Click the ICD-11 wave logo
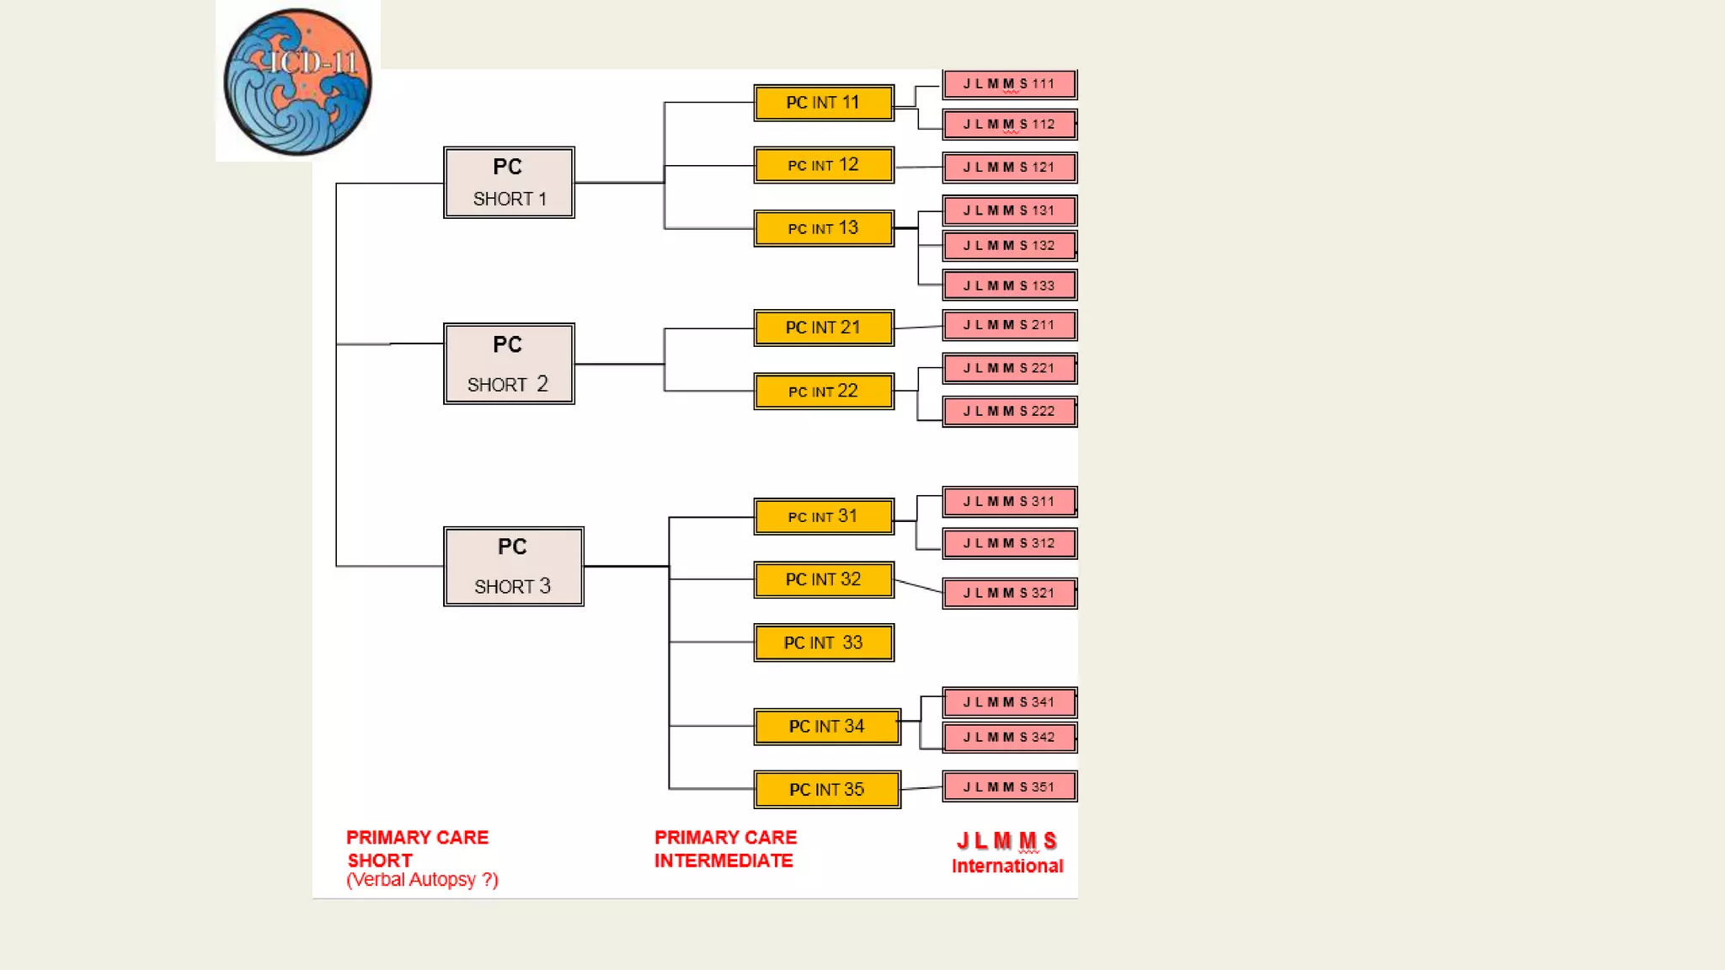coord(297,82)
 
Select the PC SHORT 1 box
coord(509,183)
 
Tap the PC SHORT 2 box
coord(509,364)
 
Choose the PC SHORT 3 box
coord(513,566)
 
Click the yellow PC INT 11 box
coord(823,103)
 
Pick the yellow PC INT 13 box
coord(823,228)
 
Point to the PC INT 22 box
coord(823,392)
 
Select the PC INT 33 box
coord(823,642)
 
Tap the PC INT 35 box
coord(826,790)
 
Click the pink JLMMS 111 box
coord(1009,84)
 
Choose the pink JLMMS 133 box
coord(1009,285)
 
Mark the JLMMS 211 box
coord(1009,325)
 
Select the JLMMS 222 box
coord(1009,411)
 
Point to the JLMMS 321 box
coord(1009,593)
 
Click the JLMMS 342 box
coord(1009,737)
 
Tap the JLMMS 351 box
coord(1009,786)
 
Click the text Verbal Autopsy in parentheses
coord(422,880)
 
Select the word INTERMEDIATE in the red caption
coord(724,861)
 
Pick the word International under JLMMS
coord(1007,866)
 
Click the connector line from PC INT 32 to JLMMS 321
coord(918,586)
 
